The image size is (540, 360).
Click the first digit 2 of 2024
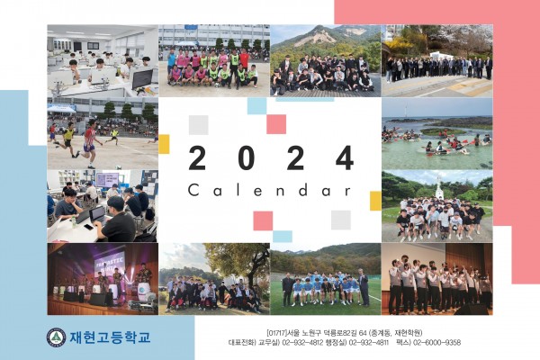point(197,157)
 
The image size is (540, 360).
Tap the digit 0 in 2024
point(247,157)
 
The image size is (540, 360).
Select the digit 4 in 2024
point(345,157)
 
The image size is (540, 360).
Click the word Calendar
point(270,190)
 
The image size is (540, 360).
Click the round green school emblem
point(57,337)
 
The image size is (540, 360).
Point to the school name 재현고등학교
point(110,337)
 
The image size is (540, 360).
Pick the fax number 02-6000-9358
point(436,342)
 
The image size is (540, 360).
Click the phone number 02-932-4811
point(369,342)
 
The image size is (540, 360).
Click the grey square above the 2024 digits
point(198,125)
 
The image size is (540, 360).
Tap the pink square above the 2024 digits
point(276,124)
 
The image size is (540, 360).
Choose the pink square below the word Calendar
point(263,220)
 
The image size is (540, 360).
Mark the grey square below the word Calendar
point(341,220)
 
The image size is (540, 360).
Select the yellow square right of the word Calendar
point(375,201)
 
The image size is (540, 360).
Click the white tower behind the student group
point(439,188)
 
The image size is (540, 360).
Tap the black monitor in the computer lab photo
point(142,79)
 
